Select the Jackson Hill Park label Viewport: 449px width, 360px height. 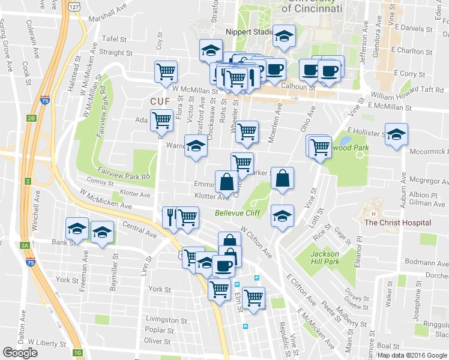pyautogui.click(x=325, y=258)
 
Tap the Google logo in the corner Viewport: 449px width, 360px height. pyautogui.click(x=20, y=352)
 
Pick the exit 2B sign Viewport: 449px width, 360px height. pyautogui.click(x=32, y=118)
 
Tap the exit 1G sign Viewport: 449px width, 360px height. pyautogui.click(x=77, y=352)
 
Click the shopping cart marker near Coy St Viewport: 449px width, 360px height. pyautogui.click(x=165, y=71)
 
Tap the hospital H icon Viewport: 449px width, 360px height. pyautogui.click(x=373, y=214)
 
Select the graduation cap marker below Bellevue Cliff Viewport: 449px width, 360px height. pyautogui.click(x=282, y=215)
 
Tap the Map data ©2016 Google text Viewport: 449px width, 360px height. pyautogui.click(x=412, y=355)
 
